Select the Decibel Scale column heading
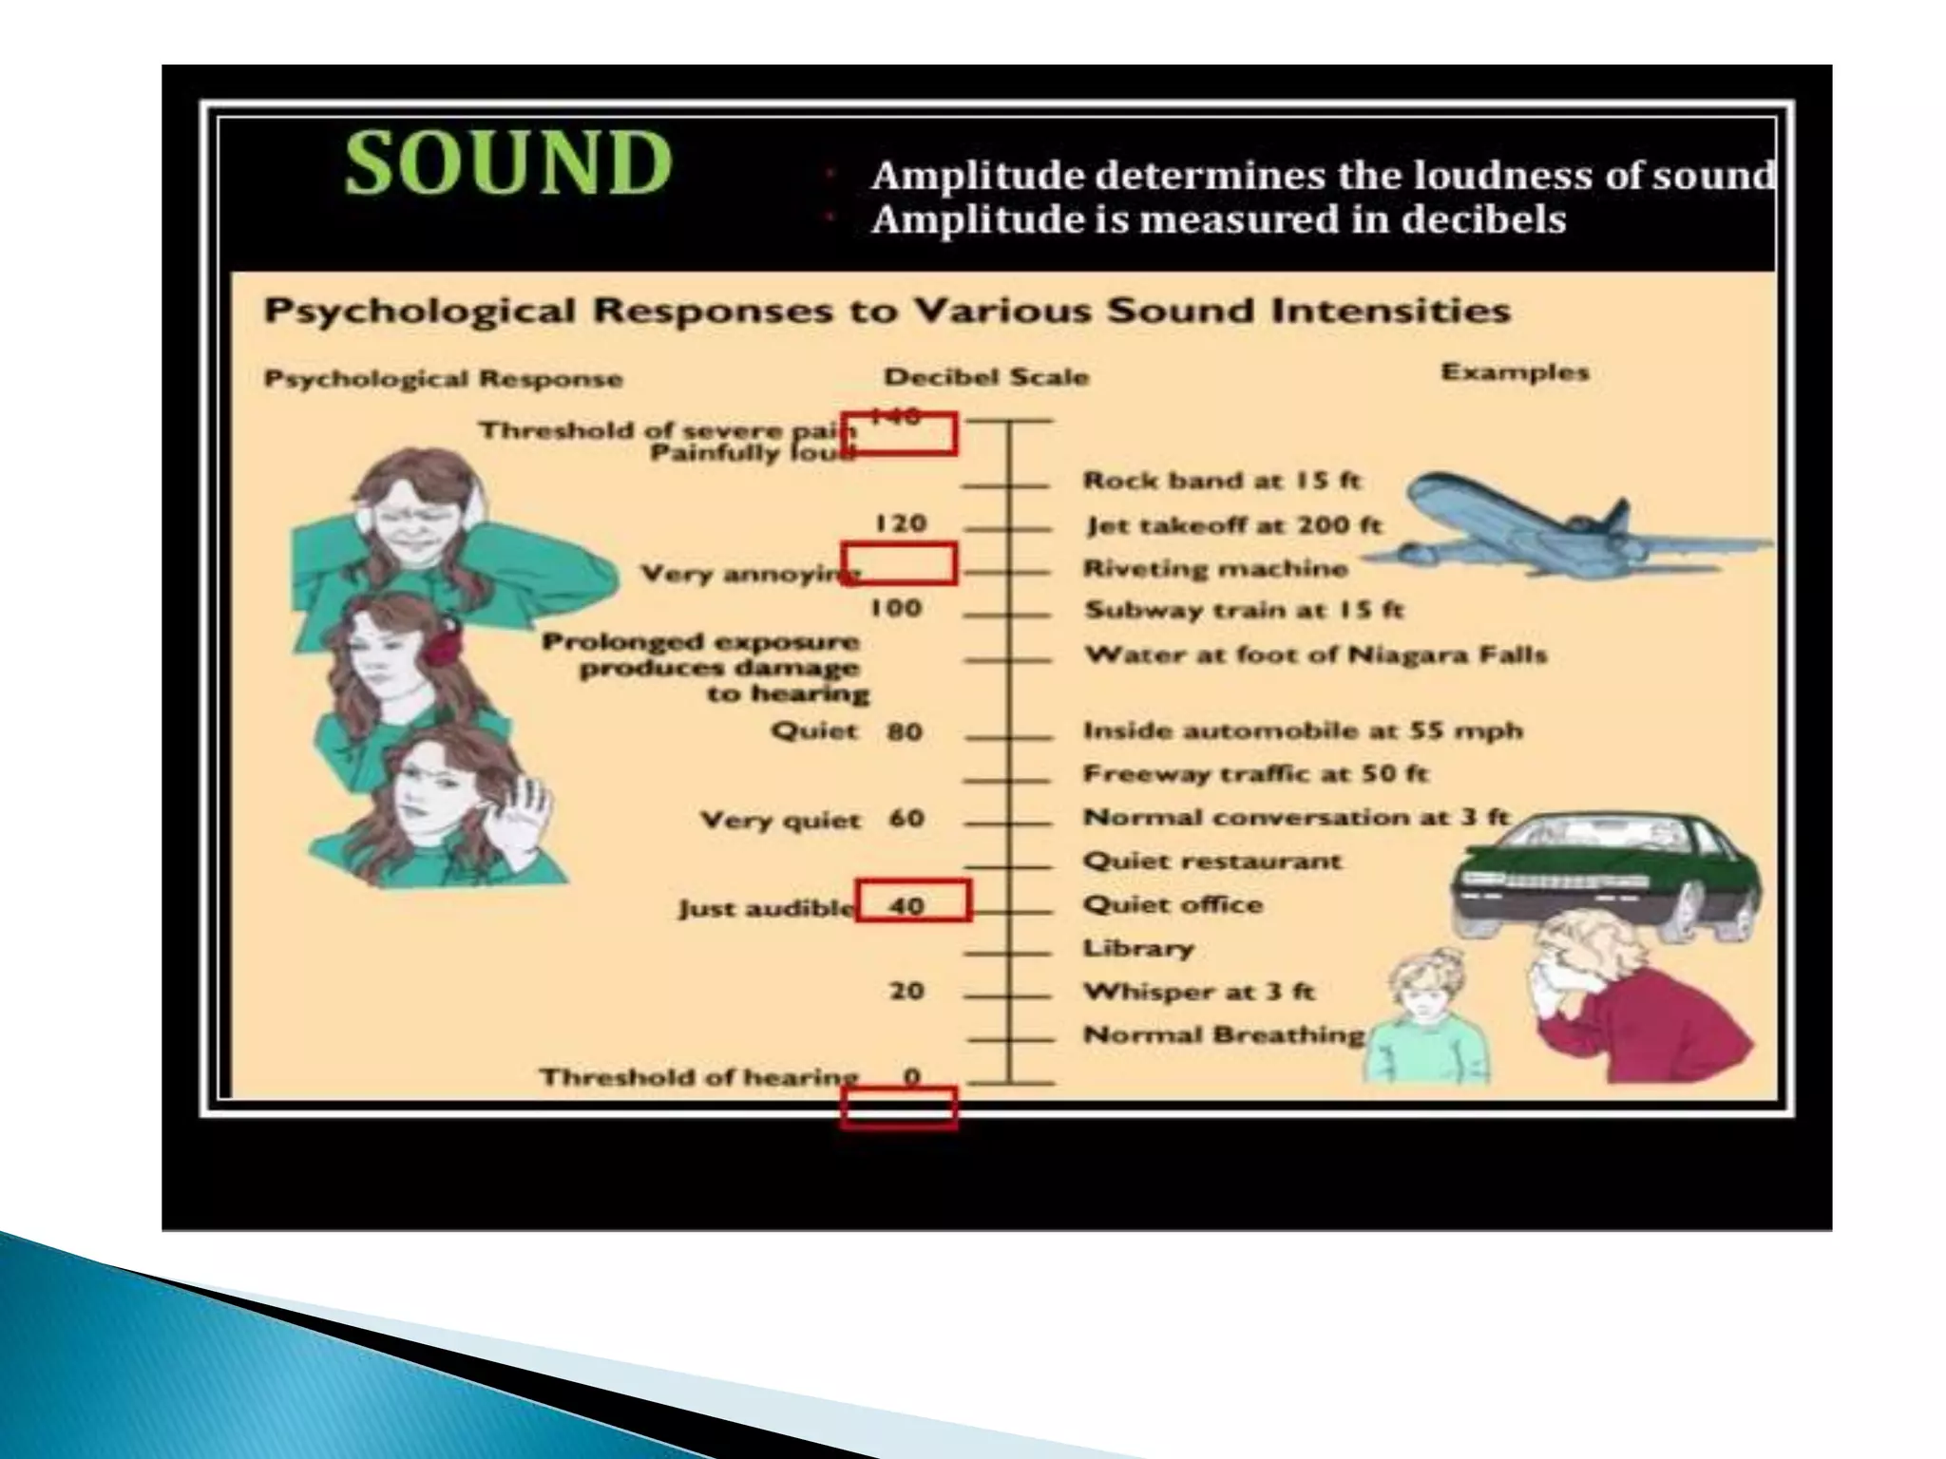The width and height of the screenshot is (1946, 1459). [986, 377]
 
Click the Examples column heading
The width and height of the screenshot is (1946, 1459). [1515, 371]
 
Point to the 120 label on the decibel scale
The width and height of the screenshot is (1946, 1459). [900, 523]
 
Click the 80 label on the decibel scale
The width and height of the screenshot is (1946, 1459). [905, 731]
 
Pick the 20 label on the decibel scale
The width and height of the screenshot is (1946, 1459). [906, 991]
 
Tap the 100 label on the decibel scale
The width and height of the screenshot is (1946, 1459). [896, 608]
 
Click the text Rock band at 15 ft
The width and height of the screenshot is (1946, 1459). [1222, 481]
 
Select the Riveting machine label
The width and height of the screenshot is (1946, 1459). [1215, 569]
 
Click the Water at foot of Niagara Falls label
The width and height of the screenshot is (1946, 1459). [1316, 654]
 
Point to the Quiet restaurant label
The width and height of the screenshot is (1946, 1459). [1212, 862]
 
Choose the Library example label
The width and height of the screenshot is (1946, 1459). [1138, 948]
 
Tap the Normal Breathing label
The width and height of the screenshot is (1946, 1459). [1224, 1034]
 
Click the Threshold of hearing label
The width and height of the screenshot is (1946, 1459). [698, 1077]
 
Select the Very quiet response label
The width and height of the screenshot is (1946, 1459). [780, 821]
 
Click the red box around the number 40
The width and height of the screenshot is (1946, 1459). [913, 900]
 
